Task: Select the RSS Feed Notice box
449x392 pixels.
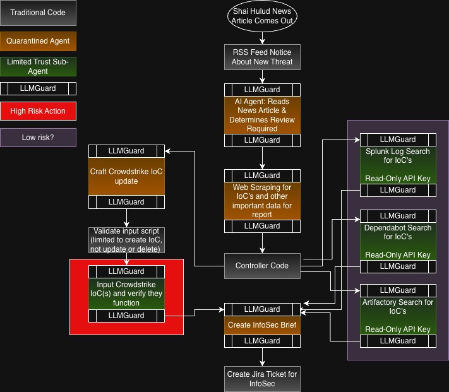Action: [x=262, y=57]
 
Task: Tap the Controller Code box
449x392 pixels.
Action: [x=262, y=266]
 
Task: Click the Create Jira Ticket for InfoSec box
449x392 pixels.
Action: [x=262, y=379]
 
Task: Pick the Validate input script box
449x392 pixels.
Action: [x=126, y=240]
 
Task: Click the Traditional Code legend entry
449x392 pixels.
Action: [x=38, y=13]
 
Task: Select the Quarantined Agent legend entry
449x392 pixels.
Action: [x=38, y=41]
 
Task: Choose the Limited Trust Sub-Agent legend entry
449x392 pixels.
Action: [x=38, y=66]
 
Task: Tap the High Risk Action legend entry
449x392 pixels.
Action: [x=38, y=111]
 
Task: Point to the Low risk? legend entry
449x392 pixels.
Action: [x=38, y=138]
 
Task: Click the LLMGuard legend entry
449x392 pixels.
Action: [x=38, y=88]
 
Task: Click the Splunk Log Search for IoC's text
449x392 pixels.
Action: [x=398, y=156]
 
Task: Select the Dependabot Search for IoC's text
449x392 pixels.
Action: [x=398, y=232]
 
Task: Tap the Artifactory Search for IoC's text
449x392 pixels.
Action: [x=398, y=307]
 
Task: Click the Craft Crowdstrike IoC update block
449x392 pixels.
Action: [x=126, y=176]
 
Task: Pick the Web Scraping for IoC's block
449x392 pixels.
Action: [x=262, y=201]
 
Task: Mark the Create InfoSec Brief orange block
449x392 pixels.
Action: [x=262, y=325]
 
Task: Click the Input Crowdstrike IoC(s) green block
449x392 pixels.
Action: [x=126, y=294]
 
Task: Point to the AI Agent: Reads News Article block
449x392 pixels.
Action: [x=262, y=115]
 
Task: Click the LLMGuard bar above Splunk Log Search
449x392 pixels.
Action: [x=398, y=139]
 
